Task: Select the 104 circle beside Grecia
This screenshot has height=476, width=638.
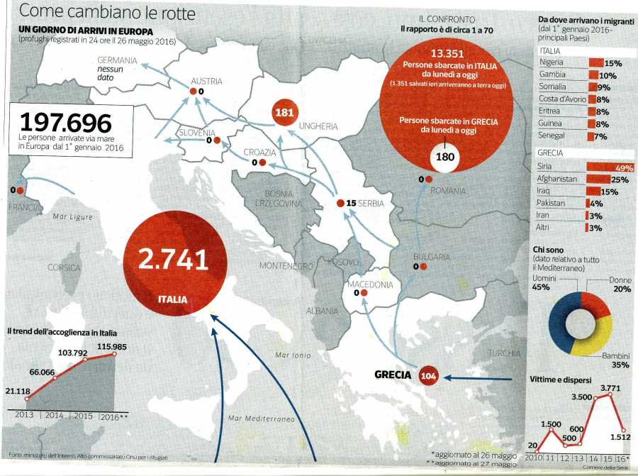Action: point(428,376)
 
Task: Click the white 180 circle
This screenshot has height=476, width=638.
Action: point(445,156)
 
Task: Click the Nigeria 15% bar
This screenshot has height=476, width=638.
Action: point(595,63)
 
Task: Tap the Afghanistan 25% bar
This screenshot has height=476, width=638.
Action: point(599,179)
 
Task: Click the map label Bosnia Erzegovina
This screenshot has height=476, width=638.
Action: point(273,198)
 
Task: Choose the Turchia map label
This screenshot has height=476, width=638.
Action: point(504,353)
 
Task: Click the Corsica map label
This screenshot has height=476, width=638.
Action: point(64,267)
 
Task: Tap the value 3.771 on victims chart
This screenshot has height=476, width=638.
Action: point(608,387)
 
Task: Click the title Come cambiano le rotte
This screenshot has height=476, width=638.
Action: point(108,13)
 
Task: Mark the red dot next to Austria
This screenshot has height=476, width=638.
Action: point(192,92)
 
